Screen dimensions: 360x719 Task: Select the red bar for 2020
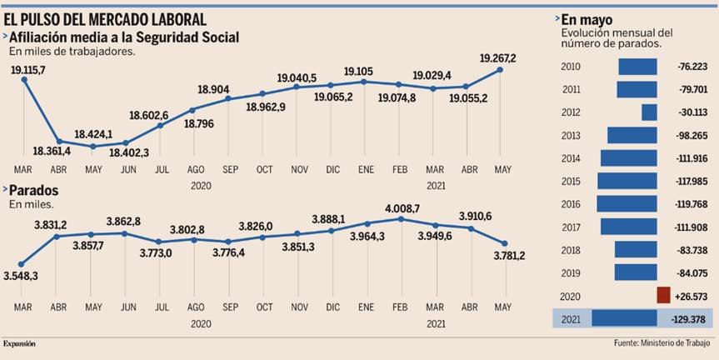point(663,295)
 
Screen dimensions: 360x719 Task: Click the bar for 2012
point(649,112)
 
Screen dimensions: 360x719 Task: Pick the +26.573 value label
point(689,296)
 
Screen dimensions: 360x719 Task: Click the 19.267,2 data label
point(498,57)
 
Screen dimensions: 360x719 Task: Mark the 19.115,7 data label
point(28,71)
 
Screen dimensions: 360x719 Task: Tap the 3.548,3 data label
point(21,274)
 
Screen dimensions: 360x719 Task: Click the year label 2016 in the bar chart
point(572,204)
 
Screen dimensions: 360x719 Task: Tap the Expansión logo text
point(19,343)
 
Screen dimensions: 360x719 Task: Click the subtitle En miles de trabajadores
point(72,51)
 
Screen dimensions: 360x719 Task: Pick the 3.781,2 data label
point(510,255)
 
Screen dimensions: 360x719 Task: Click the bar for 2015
point(627,181)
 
